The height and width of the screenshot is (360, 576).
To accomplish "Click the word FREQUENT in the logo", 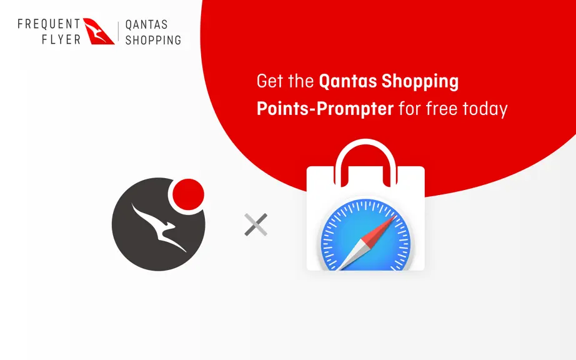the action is click(49, 24).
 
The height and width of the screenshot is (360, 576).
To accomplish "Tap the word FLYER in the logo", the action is click(61, 39).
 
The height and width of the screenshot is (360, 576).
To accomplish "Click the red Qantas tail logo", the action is click(98, 31).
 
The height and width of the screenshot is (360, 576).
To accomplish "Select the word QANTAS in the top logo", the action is click(147, 24).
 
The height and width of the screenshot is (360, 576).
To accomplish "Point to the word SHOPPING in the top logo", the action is click(153, 39).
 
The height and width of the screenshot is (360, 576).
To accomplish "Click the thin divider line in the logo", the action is click(118, 31).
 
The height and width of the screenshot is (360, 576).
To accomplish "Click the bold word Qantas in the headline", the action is click(347, 82).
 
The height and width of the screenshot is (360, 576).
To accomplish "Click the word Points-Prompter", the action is click(325, 109).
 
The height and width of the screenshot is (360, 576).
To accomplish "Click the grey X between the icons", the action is click(256, 224).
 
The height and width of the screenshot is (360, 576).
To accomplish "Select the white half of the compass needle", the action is click(352, 255).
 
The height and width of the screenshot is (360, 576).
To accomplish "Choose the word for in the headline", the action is click(410, 109).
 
